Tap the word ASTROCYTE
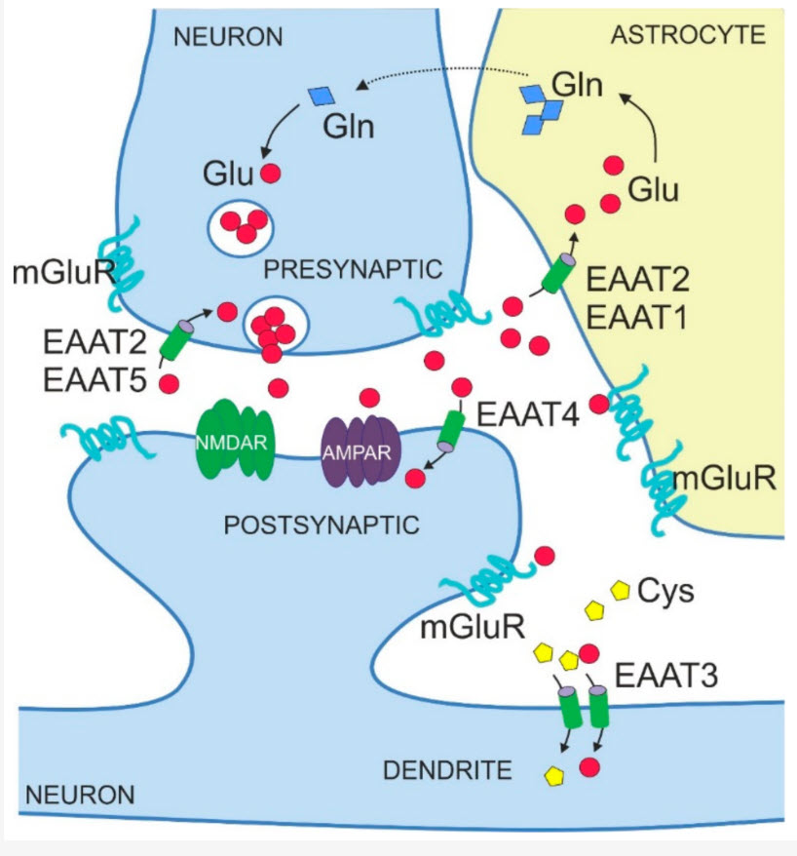[689, 36]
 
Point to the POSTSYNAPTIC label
[322, 525]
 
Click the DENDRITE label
[447, 771]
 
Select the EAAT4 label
[528, 415]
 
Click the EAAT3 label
[661, 672]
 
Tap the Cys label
[665, 591]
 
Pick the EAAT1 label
[640, 317]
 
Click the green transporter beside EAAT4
[451, 430]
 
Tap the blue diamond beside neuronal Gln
[320, 96]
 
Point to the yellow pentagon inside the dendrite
[554, 777]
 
